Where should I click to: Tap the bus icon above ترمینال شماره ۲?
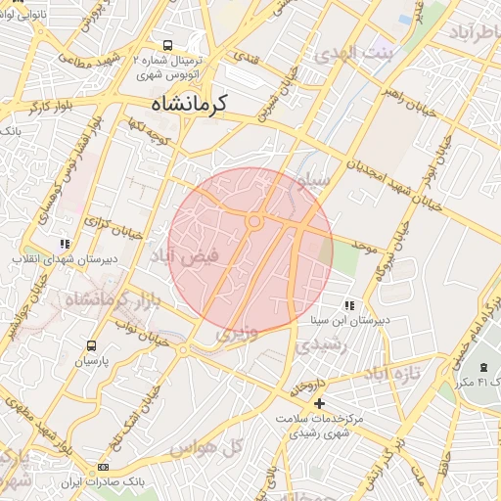click(x=168, y=45)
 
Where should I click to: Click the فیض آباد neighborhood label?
click(x=191, y=257)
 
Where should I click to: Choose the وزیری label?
click(x=239, y=333)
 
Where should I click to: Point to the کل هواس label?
click(x=205, y=448)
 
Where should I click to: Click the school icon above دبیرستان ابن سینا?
click(x=350, y=305)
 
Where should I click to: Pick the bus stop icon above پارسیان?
click(x=91, y=346)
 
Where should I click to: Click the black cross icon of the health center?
click(x=318, y=403)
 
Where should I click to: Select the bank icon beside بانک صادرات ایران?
click(x=103, y=469)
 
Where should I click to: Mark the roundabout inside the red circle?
click(x=254, y=222)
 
